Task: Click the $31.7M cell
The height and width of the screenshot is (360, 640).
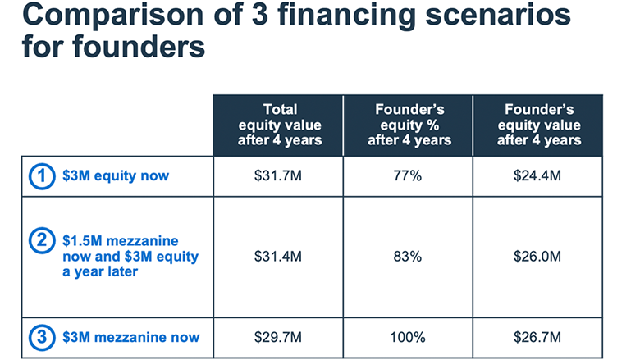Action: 277,175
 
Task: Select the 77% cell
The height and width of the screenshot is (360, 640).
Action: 407,175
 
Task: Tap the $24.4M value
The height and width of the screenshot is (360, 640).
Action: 537,175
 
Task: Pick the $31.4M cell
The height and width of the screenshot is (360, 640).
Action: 277,257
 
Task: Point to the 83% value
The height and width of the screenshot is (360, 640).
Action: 407,257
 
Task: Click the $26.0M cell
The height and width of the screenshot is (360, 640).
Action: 537,257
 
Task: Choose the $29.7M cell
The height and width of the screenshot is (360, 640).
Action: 277,337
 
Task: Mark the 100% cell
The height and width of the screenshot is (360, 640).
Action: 407,337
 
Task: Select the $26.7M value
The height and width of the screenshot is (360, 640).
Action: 537,337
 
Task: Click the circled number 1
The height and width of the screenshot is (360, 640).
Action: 42,176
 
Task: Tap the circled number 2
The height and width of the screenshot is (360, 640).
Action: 42,240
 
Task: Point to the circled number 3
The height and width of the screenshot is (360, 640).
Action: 42,337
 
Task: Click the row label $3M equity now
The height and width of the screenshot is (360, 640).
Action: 116,175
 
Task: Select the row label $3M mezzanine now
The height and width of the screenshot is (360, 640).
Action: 130,337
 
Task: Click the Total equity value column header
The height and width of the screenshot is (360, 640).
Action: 280,125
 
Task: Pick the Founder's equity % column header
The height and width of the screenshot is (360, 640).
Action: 409,125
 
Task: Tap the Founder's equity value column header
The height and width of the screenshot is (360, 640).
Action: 539,125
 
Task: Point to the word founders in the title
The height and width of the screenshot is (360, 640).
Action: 139,46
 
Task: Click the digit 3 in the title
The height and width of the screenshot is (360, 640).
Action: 259,13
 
